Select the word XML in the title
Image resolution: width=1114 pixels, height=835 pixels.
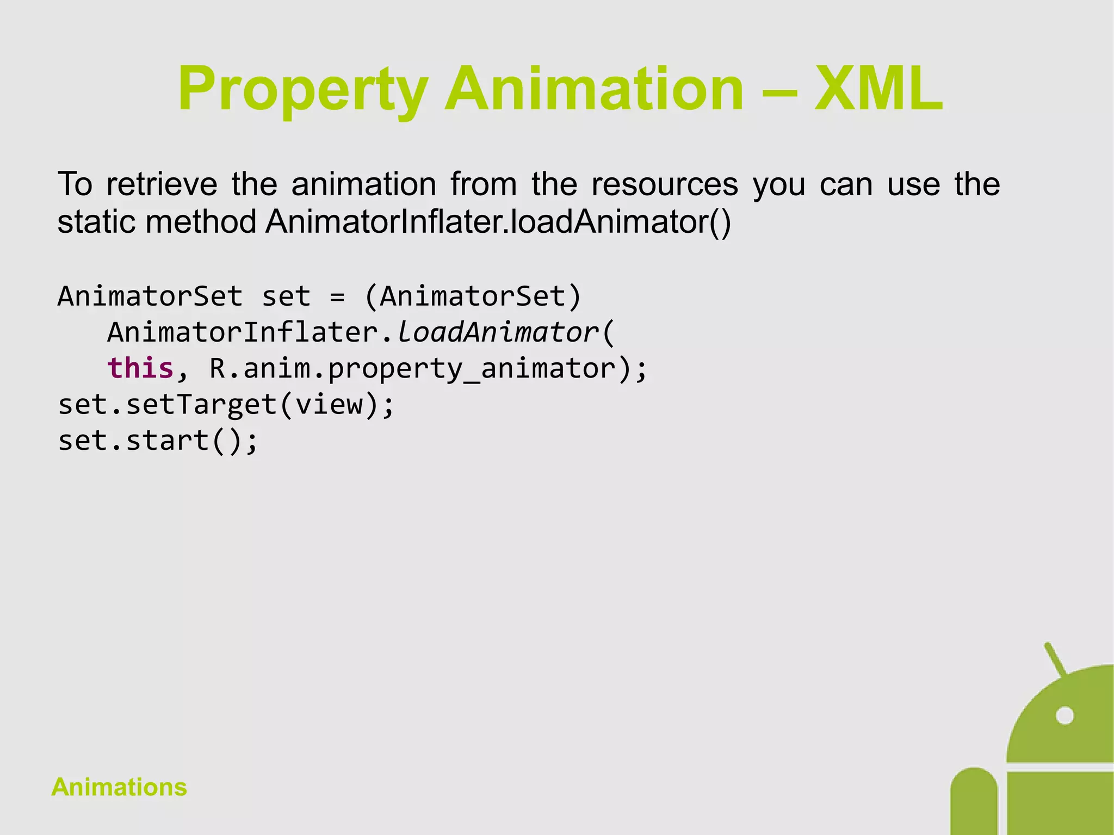click(878, 89)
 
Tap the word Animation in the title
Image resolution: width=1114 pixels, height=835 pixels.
click(593, 89)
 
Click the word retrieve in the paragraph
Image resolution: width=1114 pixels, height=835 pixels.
click(162, 184)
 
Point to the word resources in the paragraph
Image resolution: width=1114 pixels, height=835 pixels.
click(664, 184)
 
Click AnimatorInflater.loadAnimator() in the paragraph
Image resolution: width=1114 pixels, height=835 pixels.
click(498, 222)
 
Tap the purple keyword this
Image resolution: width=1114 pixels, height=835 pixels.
click(140, 368)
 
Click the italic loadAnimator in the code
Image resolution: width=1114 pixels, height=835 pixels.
click(497, 332)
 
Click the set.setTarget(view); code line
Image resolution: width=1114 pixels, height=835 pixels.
click(226, 405)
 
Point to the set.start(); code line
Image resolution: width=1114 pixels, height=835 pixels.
click(158, 440)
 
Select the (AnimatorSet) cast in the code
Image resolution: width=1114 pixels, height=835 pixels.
click(473, 297)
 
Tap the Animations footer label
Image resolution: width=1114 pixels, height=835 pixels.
click(119, 787)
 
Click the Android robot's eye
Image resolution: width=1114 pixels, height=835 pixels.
click(1065, 715)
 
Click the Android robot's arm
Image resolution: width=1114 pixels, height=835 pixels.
click(974, 802)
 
